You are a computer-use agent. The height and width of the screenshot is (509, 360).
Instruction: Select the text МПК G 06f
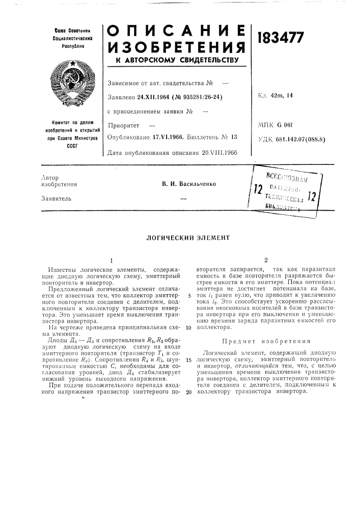[279, 124]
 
